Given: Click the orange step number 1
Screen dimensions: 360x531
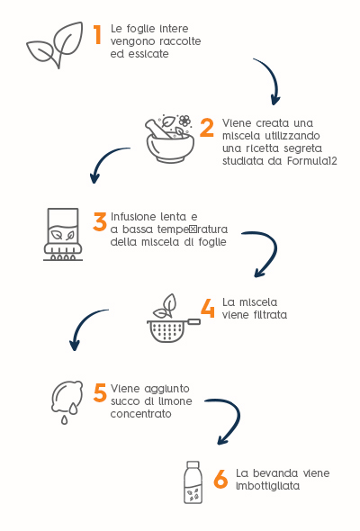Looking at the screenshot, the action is [97, 35].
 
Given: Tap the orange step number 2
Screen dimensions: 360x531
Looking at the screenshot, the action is [207, 128].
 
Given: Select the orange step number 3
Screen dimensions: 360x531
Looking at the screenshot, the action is [100, 221].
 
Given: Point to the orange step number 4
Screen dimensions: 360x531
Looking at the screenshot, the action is [208, 308].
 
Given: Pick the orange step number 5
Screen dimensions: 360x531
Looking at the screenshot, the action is [100, 392].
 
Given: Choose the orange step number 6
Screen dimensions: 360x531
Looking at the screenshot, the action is [220, 479].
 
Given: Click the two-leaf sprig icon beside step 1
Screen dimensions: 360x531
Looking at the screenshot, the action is [55, 45].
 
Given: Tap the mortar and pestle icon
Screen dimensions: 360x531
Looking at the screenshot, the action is [170, 139].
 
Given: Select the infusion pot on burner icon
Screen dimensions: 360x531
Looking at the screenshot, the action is [63, 234].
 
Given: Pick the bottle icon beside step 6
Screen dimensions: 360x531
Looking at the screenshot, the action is [193, 482].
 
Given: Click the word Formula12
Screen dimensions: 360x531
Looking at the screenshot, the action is [312, 161].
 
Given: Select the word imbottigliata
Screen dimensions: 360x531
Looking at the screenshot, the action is [267, 486].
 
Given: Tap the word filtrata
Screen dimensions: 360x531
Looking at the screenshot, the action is [270, 315].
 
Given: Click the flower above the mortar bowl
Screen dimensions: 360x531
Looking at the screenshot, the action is [184, 121].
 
